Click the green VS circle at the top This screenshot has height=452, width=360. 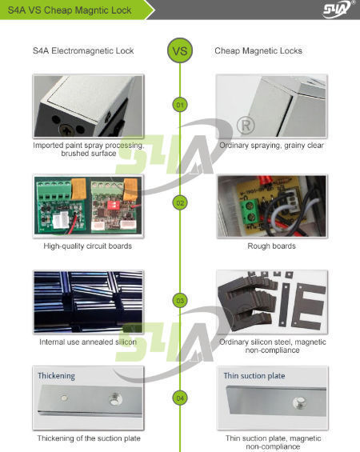[x=180, y=51]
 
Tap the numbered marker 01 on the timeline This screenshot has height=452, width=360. [x=180, y=105]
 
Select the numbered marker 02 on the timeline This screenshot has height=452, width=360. [x=180, y=202]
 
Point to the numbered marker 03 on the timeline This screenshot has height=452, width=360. [x=180, y=301]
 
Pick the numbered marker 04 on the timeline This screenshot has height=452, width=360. [x=180, y=397]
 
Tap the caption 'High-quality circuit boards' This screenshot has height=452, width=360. [x=88, y=246]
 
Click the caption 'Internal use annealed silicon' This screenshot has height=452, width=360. [x=88, y=342]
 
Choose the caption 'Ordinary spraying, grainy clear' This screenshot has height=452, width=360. [x=272, y=146]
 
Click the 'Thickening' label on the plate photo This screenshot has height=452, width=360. [x=56, y=375]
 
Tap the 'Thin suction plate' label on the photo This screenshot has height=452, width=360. [x=253, y=375]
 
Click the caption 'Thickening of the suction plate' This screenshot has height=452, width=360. [x=88, y=438]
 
